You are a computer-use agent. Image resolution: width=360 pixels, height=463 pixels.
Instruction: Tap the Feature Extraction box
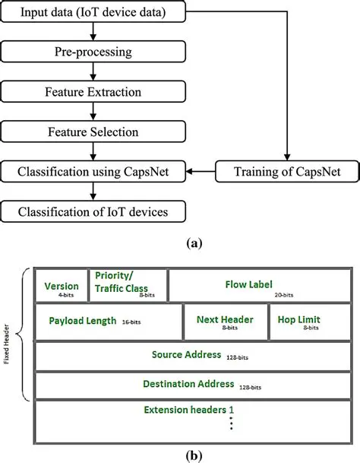coord(93,94)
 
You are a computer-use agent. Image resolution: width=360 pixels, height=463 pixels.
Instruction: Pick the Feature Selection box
coord(93,132)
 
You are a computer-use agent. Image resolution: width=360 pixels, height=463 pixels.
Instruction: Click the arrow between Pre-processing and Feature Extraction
coord(93,75)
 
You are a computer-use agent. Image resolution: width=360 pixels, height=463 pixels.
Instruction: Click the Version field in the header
coord(61,287)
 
